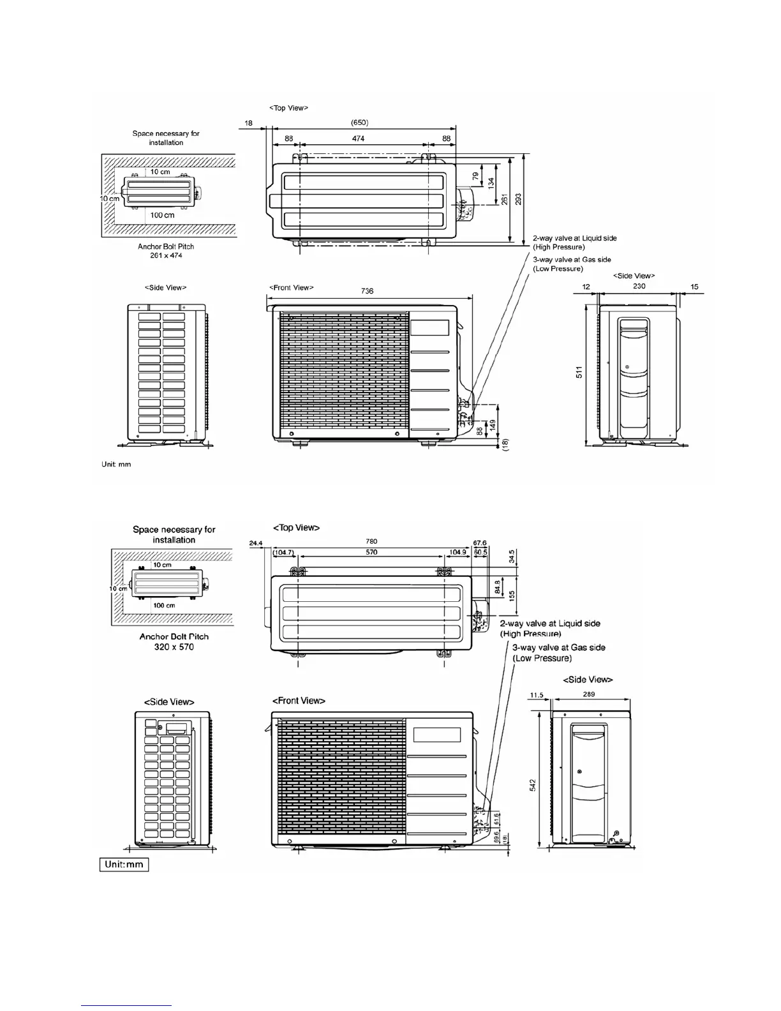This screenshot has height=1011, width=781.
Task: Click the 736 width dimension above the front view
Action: click(367, 291)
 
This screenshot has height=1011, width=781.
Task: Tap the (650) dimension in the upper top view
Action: click(359, 123)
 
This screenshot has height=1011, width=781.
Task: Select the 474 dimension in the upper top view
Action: click(358, 139)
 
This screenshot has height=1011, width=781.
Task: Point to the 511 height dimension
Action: click(579, 372)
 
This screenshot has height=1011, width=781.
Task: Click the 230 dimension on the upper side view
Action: click(639, 287)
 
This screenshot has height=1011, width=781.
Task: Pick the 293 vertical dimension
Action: click(518, 198)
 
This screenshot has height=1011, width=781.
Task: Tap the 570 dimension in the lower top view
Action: click(371, 552)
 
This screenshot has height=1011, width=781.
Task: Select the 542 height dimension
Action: click(533, 784)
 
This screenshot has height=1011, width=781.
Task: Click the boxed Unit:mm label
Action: click(124, 865)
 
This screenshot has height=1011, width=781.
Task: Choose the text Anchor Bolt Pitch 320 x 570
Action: click(174, 641)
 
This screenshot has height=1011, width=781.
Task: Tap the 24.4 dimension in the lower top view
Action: click(255, 543)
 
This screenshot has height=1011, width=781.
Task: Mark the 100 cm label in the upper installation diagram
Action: click(162, 215)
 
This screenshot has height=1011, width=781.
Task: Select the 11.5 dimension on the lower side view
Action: click(536, 694)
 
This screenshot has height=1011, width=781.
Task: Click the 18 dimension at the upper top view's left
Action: click(248, 123)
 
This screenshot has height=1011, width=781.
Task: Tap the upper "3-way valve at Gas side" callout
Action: click(572, 260)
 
